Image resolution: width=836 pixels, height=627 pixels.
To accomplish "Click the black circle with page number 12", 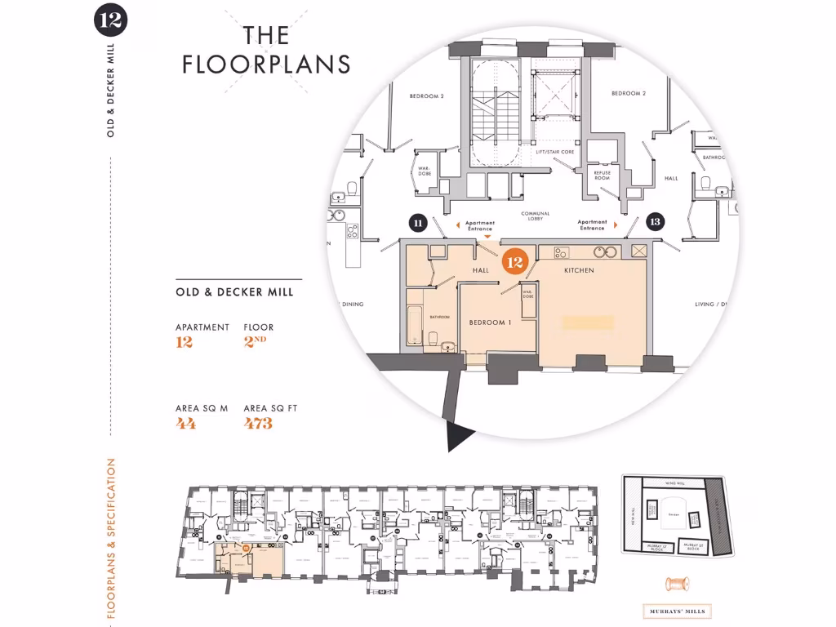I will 110,20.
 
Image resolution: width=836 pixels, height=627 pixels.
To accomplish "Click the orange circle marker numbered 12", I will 514,263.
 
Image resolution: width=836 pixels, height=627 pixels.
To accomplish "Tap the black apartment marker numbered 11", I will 418,222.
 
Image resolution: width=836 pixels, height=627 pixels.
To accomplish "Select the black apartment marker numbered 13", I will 654,222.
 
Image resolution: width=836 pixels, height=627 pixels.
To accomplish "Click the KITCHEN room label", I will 578,270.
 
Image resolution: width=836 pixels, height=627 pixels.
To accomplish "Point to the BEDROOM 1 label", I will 490,322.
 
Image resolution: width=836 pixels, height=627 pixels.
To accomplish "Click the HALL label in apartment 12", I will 480,270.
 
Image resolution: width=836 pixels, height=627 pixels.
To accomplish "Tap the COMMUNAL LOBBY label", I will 536,216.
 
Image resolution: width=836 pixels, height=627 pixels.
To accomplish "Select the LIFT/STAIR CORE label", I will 554,153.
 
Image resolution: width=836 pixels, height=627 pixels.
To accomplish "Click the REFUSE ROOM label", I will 602,175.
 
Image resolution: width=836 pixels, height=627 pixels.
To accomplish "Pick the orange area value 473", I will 258,423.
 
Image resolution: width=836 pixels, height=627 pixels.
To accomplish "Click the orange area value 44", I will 185,423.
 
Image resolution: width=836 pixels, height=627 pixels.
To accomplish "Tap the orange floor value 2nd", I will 255,342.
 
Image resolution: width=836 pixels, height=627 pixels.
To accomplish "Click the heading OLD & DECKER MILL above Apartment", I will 234,291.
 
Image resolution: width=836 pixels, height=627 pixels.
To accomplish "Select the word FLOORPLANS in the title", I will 266,64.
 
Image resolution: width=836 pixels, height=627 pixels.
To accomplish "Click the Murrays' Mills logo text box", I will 678,611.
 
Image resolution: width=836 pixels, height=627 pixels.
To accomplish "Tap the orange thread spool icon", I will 678,585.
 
